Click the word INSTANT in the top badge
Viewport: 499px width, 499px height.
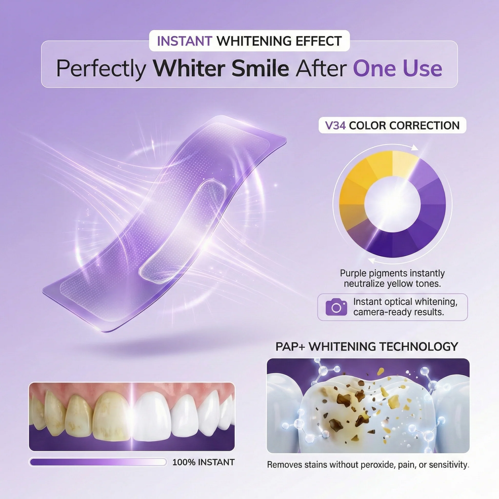pyautogui.click(x=184, y=41)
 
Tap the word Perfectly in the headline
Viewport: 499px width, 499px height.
pyautogui.click(x=101, y=69)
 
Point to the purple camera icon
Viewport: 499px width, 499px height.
pyautogui.click(x=336, y=307)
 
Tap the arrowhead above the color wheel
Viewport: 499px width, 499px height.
pyautogui.click(x=415, y=148)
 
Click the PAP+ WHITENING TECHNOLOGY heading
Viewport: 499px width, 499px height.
pyautogui.click(x=367, y=347)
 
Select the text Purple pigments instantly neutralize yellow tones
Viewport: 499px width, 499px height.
pyautogui.click(x=392, y=278)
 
